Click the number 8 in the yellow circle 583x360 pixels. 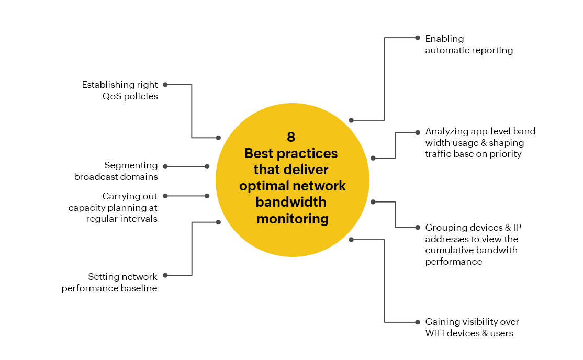pyautogui.click(x=291, y=137)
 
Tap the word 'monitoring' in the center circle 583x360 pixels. pyautogui.click(x=292, y=219)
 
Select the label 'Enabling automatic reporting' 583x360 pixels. pyautogui.click(x=469, y=44)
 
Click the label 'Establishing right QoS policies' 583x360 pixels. pyautogui.click(x=120, y=91)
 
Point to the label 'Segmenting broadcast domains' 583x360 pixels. pyautogui.click(x=116, y=171)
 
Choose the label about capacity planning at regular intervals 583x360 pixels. pyautogui.click(x=113, y=208)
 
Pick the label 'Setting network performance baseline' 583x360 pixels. pyautogui.click(x=109, y=283)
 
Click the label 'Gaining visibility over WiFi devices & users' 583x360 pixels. pyautogui.click(x=472, y=328)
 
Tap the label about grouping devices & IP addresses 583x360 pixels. pyautogui.click(x=473, y=244)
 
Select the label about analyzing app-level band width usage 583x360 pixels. pyautogui.click(x=480, y=143)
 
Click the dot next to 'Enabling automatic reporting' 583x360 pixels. pyautogui.click(x=418, y=38)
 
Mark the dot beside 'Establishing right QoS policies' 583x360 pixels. pyautogui.click(x=165, y=85)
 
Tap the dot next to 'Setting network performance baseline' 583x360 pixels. pyautogui.click(x=165, y=275)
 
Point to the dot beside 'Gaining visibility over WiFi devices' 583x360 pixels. pyautogui.click(x=418, y=322)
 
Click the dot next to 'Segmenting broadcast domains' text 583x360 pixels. pyautogui.click(x=165, y=166)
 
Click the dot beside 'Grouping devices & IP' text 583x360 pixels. pyautogui.click(x=418, y=227)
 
